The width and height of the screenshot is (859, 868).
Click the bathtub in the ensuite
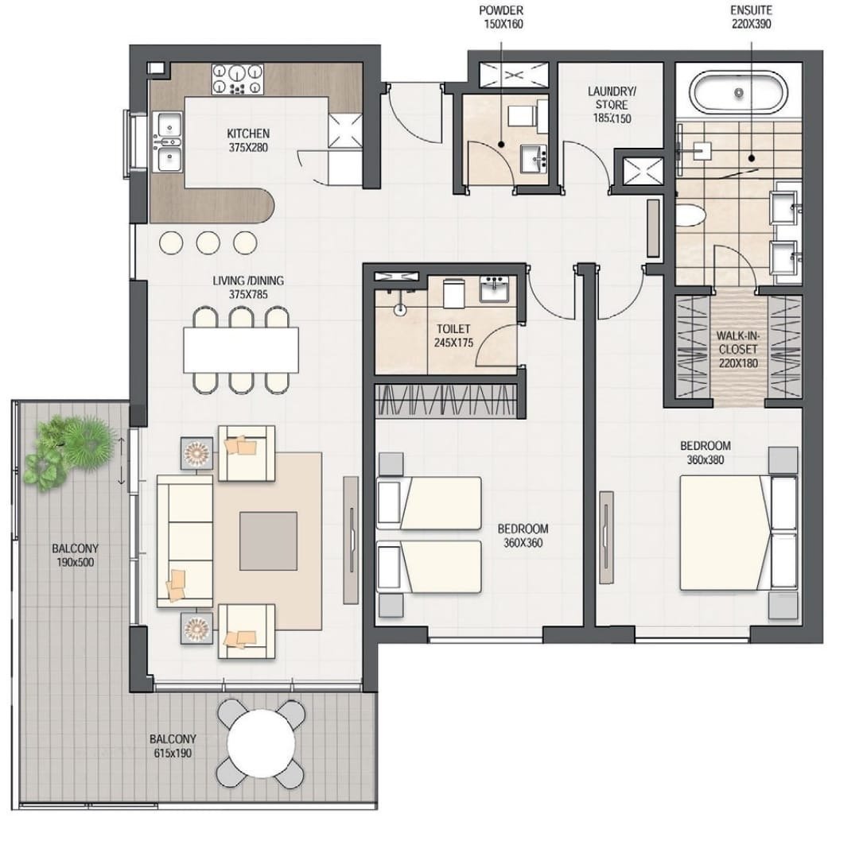(739, 93)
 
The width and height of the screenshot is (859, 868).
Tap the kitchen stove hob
(238, 79)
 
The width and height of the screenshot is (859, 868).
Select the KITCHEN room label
(248, 134)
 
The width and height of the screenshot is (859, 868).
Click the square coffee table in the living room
(268, 541)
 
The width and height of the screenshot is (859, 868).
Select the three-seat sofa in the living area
(185, 541)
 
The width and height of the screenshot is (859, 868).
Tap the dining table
(241, 350)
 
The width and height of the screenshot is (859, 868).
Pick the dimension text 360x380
(705, 459)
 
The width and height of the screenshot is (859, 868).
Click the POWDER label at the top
(501, 10)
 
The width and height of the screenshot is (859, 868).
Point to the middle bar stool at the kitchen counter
(208, 242)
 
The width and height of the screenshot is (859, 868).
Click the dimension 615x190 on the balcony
(173, 753)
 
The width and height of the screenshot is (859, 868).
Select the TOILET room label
(453, 329)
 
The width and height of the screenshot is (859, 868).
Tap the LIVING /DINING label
(248, 281)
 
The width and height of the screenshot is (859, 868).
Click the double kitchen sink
(168, 141)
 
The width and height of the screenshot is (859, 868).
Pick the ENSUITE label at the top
(751, 10)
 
